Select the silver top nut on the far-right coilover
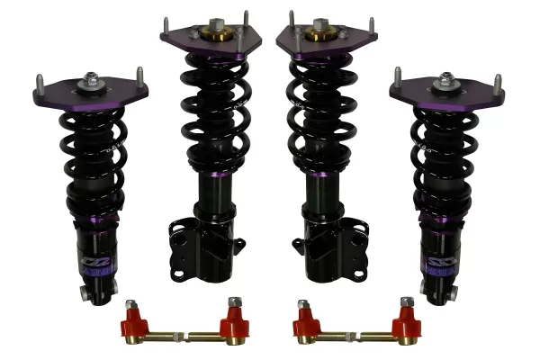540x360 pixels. click(446, 79)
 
